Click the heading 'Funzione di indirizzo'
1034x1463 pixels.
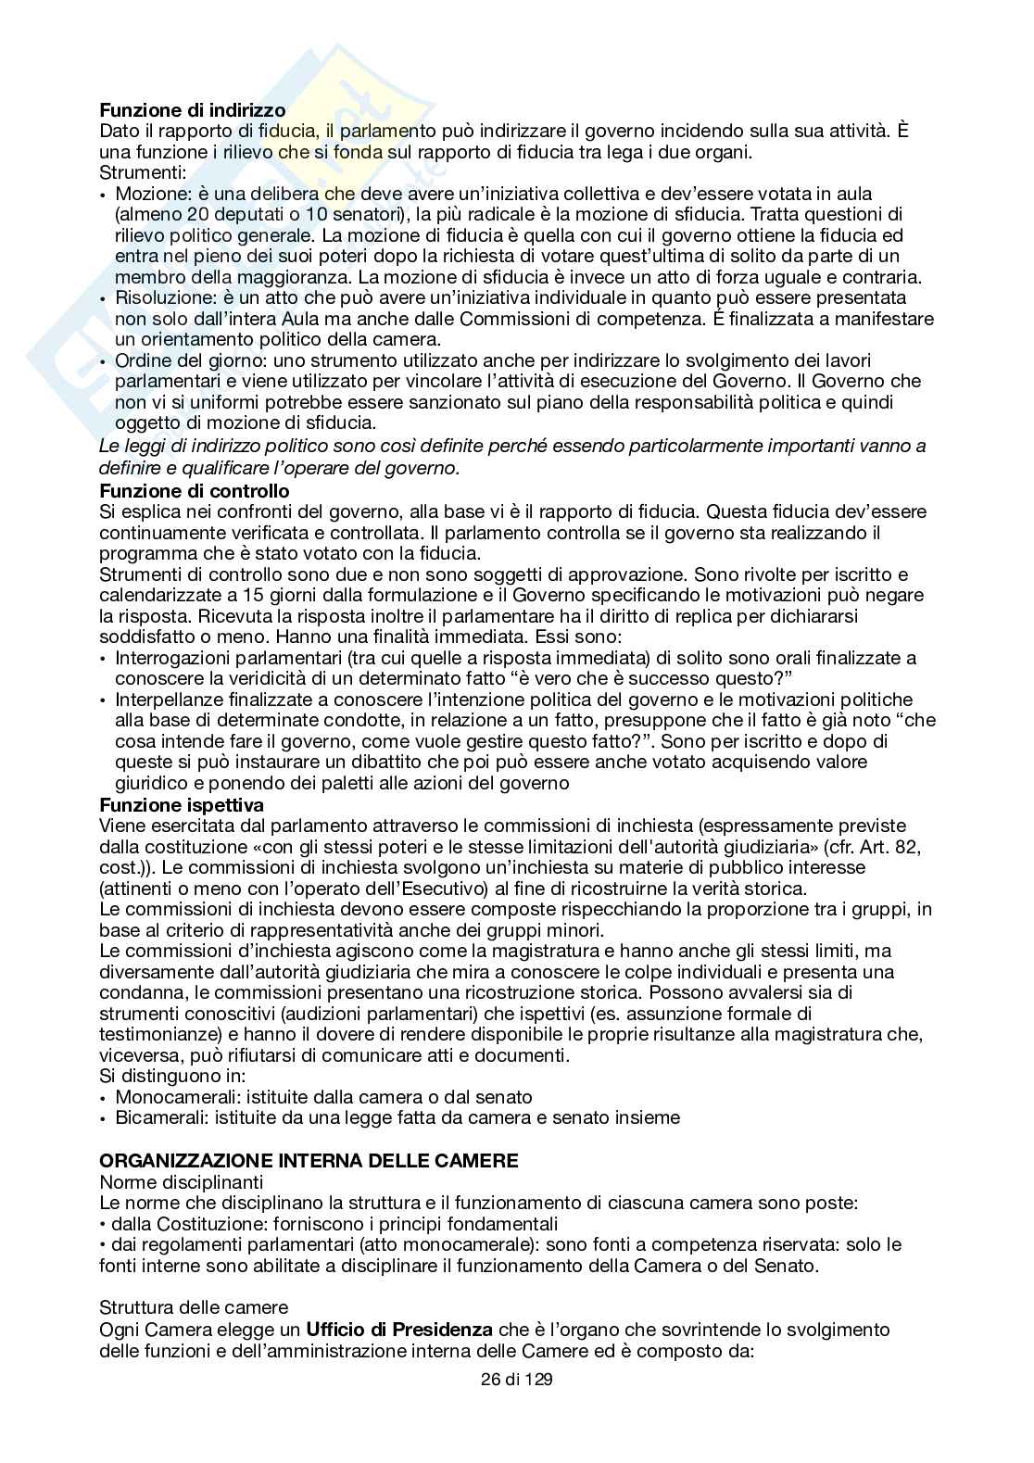[x=192, y=111]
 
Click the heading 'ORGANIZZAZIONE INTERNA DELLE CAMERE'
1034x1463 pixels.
[x=309, y=1161]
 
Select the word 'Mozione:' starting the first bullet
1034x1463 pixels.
[x=149, y=195]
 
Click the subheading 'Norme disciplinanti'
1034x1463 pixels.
[x=181, y=1182]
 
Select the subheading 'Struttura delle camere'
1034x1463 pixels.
[x=194, y=1308]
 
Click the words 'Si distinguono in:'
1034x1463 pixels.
[x=172, y=1077]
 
